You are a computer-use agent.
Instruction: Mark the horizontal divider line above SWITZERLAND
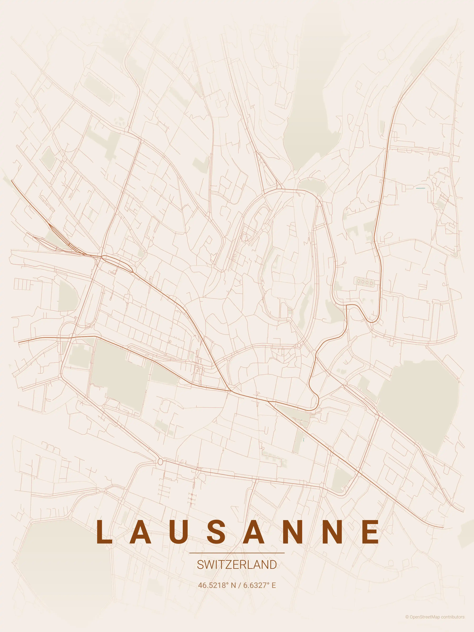pyautogui.click(x=237, y=553)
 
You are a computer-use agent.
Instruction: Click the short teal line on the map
pyautogui.click(x=421, y=188)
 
